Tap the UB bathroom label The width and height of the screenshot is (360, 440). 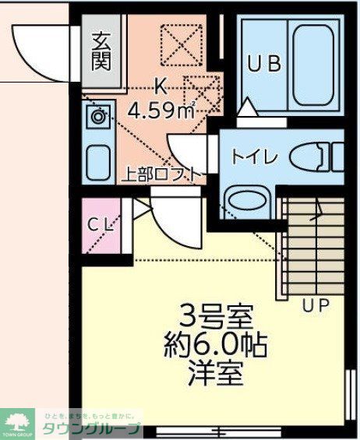264,65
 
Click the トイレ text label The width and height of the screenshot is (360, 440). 253,156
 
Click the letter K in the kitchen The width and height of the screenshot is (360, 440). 161,86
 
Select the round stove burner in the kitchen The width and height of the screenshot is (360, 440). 97,118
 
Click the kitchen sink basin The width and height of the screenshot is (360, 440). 98,161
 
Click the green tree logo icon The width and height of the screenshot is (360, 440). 18,421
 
